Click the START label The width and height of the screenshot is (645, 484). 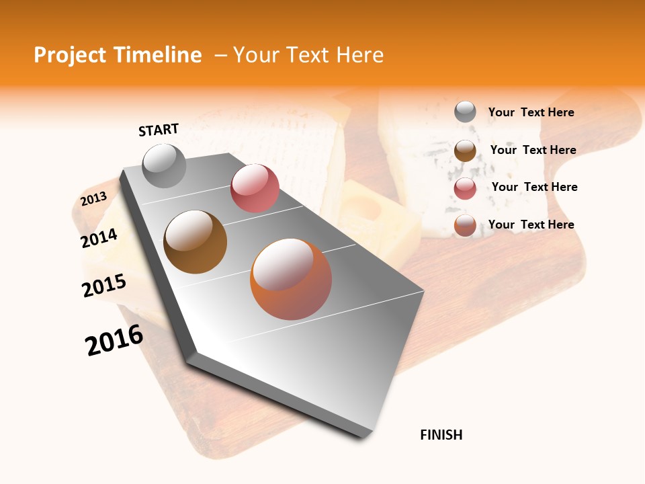pyautogui.click(x=159, y=130)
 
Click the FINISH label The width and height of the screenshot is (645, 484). pyautogui.click(x=441, y=435)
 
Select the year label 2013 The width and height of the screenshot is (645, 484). pyautogui.click(x=93, y=199)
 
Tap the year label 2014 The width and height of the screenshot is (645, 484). pyautogui.click(x=99, y=238)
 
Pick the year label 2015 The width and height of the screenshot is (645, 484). pyautogui.click(x=104, y=286)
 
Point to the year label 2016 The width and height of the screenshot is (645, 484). pyautogui.click(x=114, y=340)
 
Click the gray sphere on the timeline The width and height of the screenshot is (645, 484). pyautogui.click(x=165, y=165)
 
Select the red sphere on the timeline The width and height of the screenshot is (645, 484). pyautogui.click(x=255, y=188)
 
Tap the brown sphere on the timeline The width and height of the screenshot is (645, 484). pyautogui.click(x=195, y=241)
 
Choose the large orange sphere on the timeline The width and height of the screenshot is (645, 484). pyautogui.click(x=291, y=279)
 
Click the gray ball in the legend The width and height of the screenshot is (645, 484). pyautogui.click(x=465, y=112)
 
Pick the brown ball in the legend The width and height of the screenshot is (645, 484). pyautogui.click(x=465, y=151)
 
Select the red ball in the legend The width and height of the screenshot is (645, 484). pyautogui.click(x=465, y=188)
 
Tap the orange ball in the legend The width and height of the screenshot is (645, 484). pyautogui.click(x=465, y=225)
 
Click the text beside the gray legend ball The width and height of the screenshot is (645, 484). pyautogui.click(x=531, y=112)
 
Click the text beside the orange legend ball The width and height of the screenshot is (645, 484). pyautogui.click(x=531, y=225)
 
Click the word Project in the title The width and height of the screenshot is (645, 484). pyautogui.click(x=71, y=55)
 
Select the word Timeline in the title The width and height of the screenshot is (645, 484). pyautogui.click(x=161, y=55)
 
